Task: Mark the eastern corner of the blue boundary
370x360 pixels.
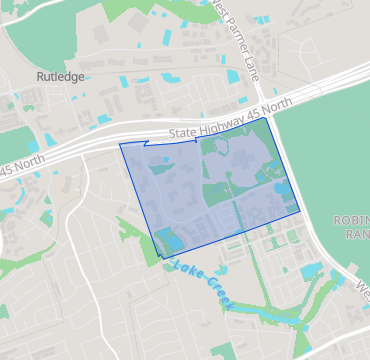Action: pyautogui.click(x=300, y=211)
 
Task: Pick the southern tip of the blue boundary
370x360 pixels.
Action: pyautogui.click(x=159, y=258)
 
